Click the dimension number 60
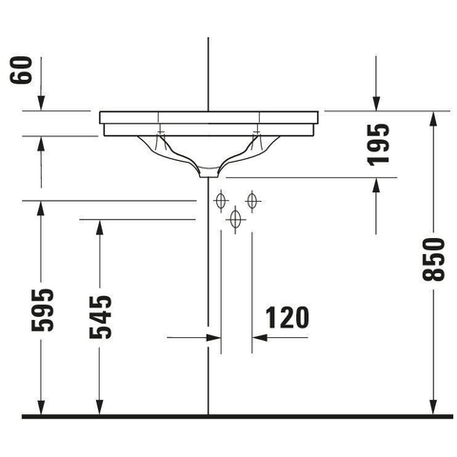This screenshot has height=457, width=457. pos(21,70)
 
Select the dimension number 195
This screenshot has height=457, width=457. pos(378,145)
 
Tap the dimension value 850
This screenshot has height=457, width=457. pos(433,260)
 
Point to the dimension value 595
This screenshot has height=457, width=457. pos(42,310)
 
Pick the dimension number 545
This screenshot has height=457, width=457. pos(100,317)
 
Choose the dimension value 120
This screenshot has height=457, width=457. pos(288,318)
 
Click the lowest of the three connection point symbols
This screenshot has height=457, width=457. pos(235,219)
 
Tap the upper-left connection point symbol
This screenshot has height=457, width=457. pos(221,201)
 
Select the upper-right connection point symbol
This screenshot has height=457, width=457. pos(252,201)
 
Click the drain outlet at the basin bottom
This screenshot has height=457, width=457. pos(209,173)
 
